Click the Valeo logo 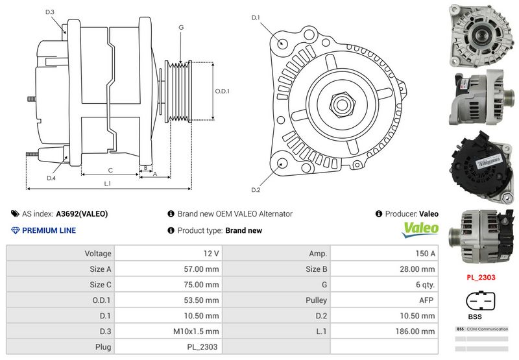click(x=421, y=229)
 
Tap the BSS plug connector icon click(x=481, y=302)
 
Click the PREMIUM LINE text click(x=49, y=230)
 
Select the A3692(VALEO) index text click(x=82, y=213)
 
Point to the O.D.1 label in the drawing click(x=223, y=91)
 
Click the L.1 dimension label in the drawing click(x=108, y=184)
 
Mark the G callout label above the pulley click(x=181, y=27)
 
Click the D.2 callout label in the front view click(x=256, y=190)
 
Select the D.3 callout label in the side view click(x=51, y=12)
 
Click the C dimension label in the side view click(x=110, y=171)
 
